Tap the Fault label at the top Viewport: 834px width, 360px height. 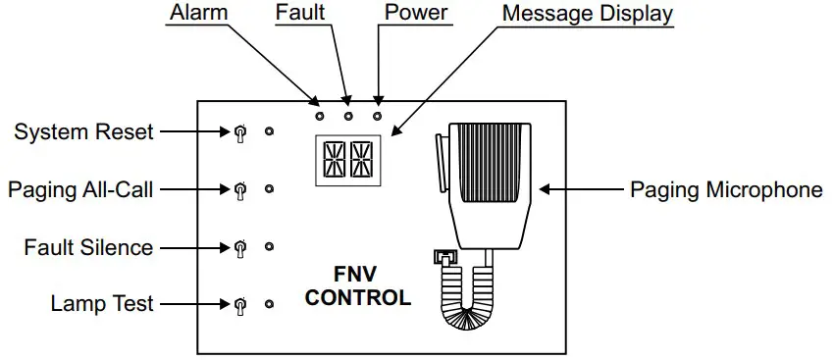tap(300, 14)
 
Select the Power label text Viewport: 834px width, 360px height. tap(416, 14)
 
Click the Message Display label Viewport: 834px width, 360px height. tap(588, 14)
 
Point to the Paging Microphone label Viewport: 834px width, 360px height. tap(726, 189)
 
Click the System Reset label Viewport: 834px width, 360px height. tap(83, 131)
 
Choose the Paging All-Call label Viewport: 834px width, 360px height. tap(80, 189)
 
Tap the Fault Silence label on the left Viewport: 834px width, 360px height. tap(88, 247)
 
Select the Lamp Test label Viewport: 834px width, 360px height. tap(102, 304)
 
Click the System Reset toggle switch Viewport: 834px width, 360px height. tap(238, 132)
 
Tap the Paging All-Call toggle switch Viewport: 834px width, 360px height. tap(238, 189)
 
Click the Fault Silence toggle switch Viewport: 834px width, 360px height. tap(238, 247)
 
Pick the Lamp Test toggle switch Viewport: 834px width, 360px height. tap(238, 305)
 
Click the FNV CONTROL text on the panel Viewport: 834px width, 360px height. tap(357, 285)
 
